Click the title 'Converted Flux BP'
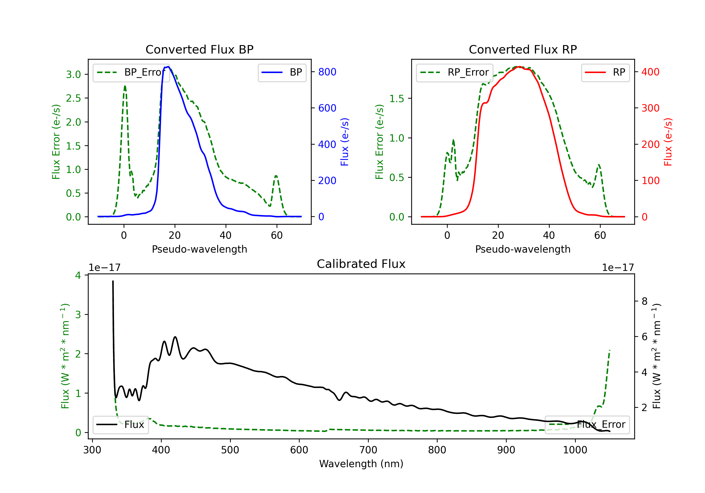pyautogui.click(x=200, y=49)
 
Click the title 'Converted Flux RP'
pyautogui.click(x=523, y=49)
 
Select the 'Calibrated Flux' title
pyautogui.click(x=361, y=264)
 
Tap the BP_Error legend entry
pyautogui.click(x=131, y=72)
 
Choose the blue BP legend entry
pyautogui.click(x=282, y=72)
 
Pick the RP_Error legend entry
pyautogui.click(x=454, y=72)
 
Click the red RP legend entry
pyautogui.click(x=605, y=72)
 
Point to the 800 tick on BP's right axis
pyautogui.click(x=327, y=72)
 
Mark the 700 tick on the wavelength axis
pyautogui.click(x=368, y=450)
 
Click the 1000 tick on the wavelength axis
pyautogui.click(x=575, y=450)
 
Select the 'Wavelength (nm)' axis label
pyautogui.click(x=361, y=464)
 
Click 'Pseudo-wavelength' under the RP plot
pyautogui.click(x=523, y=249)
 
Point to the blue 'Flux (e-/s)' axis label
pyautogui.click(x=345, y=142)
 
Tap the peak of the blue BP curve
pyautogui.click(x=168, y=67)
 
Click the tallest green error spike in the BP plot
pyautogui.click(x=125, y=86)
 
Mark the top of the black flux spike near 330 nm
pyautogui.click(x=113, y=281)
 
